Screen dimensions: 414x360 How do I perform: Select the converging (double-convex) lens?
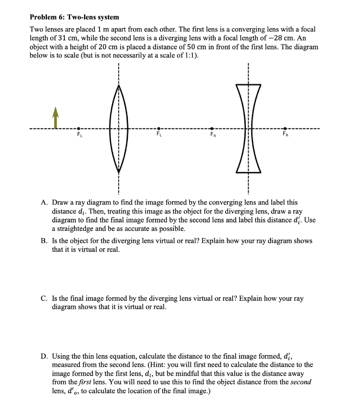119,129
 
